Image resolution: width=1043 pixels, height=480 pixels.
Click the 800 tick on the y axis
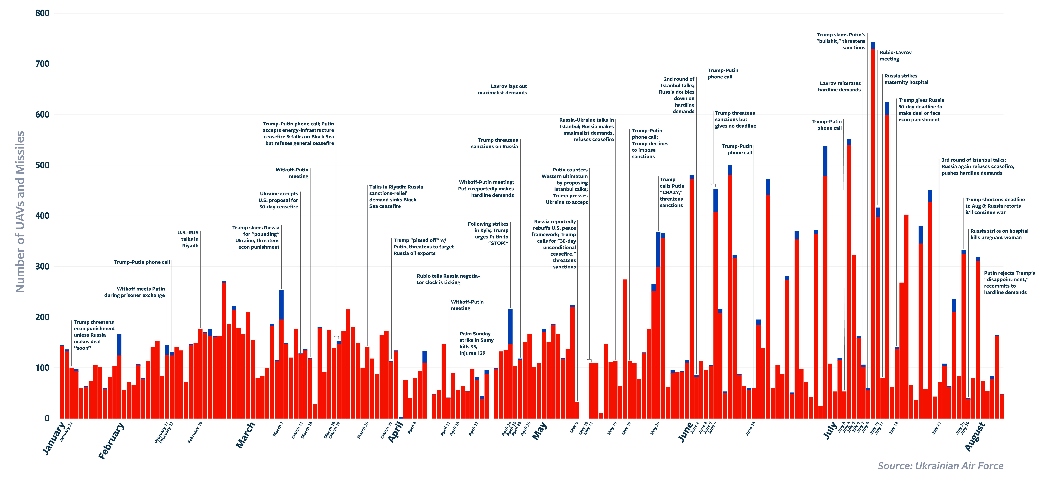42,13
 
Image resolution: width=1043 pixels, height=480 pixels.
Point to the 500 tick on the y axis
42,165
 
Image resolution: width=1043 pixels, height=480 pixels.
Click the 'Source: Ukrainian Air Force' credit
940,466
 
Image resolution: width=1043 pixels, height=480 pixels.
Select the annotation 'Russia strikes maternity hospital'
906,79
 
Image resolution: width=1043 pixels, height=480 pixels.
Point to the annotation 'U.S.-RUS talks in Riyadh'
188,239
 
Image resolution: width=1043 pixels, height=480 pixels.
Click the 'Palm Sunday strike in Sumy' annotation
476,343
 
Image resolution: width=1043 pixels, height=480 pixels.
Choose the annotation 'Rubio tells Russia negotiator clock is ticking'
448,279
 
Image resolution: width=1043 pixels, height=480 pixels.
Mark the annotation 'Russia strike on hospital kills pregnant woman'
999,234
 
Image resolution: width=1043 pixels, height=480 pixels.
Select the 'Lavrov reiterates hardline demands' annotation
839,86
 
